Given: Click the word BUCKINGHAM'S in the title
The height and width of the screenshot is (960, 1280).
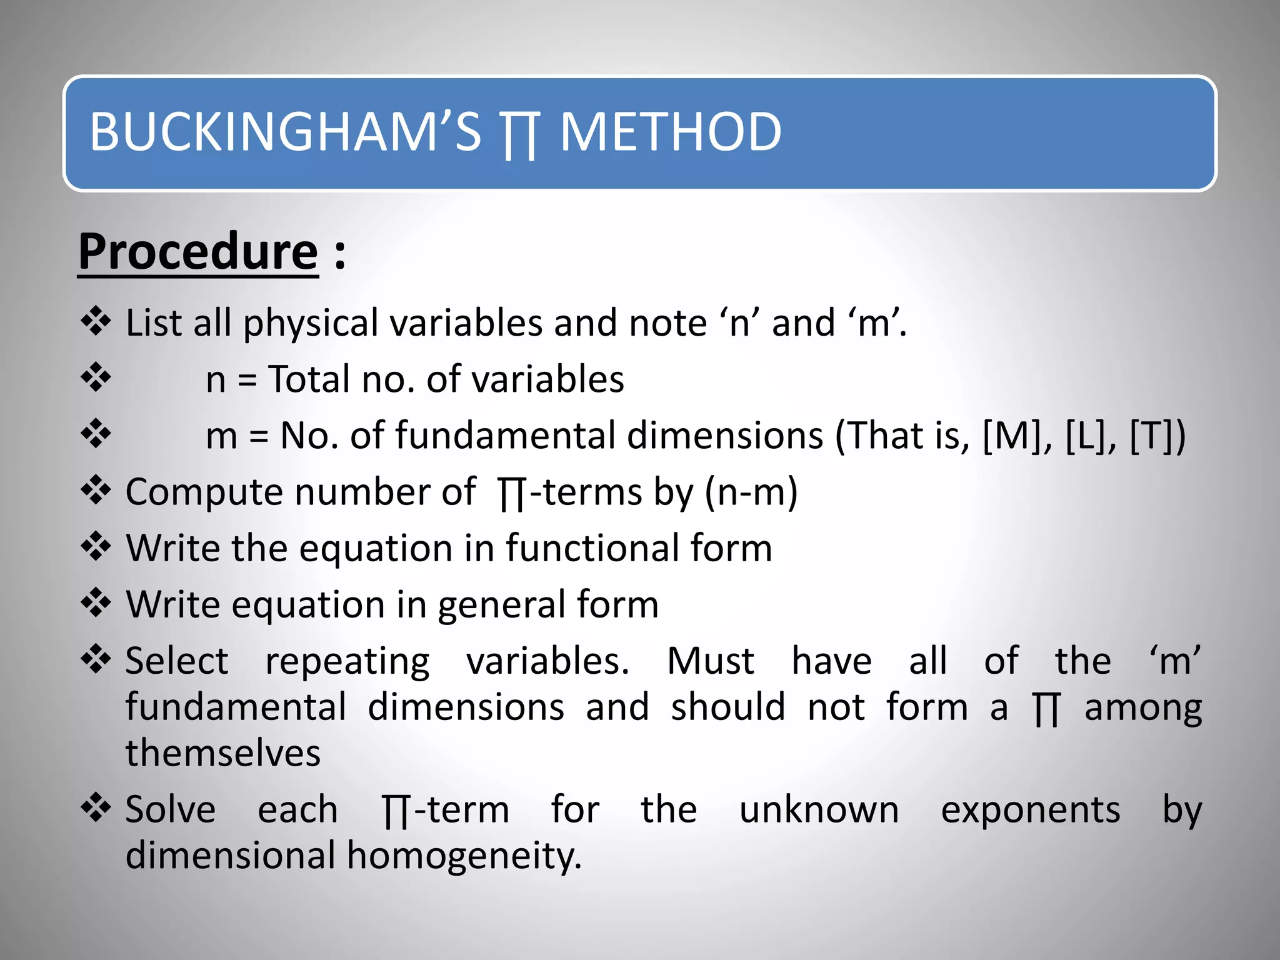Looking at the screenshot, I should tap(285, 132).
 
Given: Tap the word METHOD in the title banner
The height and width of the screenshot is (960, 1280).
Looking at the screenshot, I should tap(670, 132).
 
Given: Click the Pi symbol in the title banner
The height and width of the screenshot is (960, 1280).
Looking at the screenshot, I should tap(519, 134).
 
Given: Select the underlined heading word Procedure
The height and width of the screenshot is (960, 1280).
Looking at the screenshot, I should tap(198, 251).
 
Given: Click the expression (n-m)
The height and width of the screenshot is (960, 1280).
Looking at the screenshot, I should tap(751, 492).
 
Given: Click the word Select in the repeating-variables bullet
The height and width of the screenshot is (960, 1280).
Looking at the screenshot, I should tap(177, 661).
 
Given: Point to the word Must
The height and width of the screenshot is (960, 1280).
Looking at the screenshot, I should tap(711, 661).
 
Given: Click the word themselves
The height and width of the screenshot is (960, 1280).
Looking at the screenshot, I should tap(223, 752).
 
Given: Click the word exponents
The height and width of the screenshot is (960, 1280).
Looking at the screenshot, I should tap(1030, 811).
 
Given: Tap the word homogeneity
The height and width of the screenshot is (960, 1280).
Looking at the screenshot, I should tap(464, 856).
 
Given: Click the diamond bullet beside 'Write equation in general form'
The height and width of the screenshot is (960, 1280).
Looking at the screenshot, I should tap(96, 603).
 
